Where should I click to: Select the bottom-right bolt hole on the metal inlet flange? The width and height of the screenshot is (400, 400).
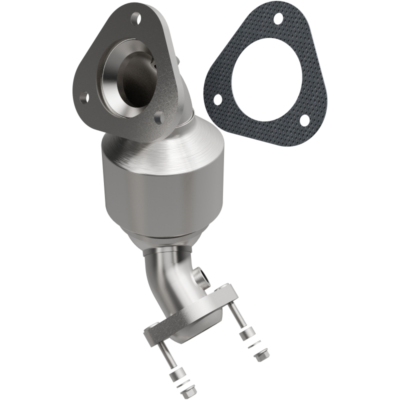[x=158, y=118]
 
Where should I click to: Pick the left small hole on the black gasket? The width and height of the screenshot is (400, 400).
[x=218, y=99]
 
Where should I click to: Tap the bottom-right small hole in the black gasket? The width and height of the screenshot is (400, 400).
[x=303, y=119]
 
